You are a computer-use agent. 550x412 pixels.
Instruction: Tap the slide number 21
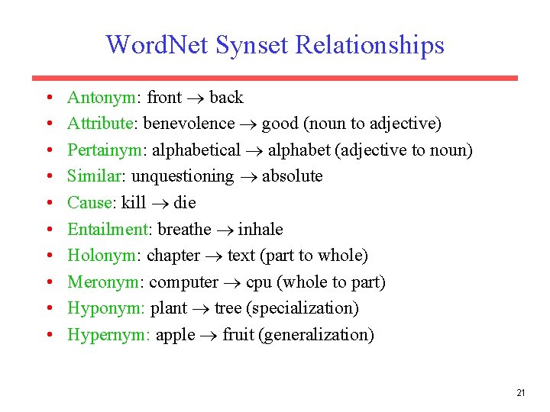(520, 393)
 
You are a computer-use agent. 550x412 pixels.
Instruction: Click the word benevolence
(189, 124)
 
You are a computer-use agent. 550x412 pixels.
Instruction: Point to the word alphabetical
(198, 150)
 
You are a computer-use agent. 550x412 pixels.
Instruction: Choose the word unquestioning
(183, 176)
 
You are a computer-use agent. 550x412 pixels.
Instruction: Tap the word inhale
(260, 230)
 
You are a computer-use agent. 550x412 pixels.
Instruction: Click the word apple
(175, 336)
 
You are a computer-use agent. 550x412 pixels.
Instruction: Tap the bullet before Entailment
(48, 230)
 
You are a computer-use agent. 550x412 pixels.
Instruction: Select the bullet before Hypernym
(48, 335)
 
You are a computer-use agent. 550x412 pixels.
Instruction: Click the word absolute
(292, 176)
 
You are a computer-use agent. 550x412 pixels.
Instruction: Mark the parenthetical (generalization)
(317, 335)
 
